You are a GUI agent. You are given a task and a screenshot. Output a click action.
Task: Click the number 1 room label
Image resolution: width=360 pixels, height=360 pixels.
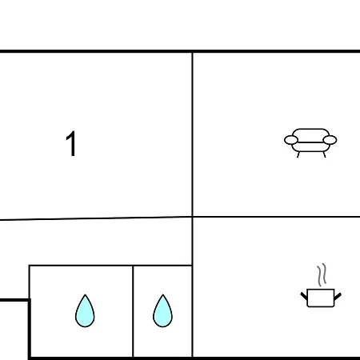pos(71,144)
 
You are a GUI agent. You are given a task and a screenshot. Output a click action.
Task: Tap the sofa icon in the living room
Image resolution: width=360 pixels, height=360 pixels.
pos(310,143)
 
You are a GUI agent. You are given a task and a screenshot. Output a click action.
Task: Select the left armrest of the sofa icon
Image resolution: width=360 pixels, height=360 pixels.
pos(291,140)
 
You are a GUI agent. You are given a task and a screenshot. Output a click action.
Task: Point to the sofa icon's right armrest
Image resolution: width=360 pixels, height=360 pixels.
pos(330,140)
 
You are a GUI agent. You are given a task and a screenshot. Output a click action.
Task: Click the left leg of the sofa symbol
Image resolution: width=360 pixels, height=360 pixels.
pos(298,154)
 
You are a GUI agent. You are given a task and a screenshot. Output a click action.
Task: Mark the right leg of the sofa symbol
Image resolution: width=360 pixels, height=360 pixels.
pos(324,154)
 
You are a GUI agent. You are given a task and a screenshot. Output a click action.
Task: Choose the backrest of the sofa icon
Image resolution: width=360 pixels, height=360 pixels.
pos(310,135)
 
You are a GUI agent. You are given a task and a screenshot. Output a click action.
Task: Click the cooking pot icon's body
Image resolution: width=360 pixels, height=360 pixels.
pos(321,298)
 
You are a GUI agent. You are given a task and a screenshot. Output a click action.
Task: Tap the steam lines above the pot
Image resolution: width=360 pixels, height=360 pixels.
pos(322,275)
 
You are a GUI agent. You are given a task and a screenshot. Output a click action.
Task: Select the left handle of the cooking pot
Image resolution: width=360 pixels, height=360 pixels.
pos(304,296)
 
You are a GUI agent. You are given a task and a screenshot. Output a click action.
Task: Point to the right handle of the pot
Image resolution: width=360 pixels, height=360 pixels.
pos(338,296)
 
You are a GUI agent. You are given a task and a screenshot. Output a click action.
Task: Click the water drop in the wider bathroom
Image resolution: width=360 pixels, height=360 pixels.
pos(85,311)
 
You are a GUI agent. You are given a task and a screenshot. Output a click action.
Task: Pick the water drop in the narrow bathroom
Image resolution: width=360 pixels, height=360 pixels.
pos(162,311)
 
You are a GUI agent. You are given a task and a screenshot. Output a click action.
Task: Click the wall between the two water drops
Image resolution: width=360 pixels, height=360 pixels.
pos(133,311)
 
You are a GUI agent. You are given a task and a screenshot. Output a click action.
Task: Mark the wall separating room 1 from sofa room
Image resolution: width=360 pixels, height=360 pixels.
pos(192,134)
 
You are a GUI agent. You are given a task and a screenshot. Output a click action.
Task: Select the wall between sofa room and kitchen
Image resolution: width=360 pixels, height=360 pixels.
pos(277,217)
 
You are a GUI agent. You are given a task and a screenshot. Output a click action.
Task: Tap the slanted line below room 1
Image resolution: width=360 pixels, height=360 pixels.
pos(96,218)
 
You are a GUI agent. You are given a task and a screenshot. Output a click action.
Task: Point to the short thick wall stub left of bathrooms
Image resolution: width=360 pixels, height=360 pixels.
pos(14,300)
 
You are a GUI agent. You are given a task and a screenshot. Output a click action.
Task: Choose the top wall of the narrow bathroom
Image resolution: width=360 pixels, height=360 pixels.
pos(162,266)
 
